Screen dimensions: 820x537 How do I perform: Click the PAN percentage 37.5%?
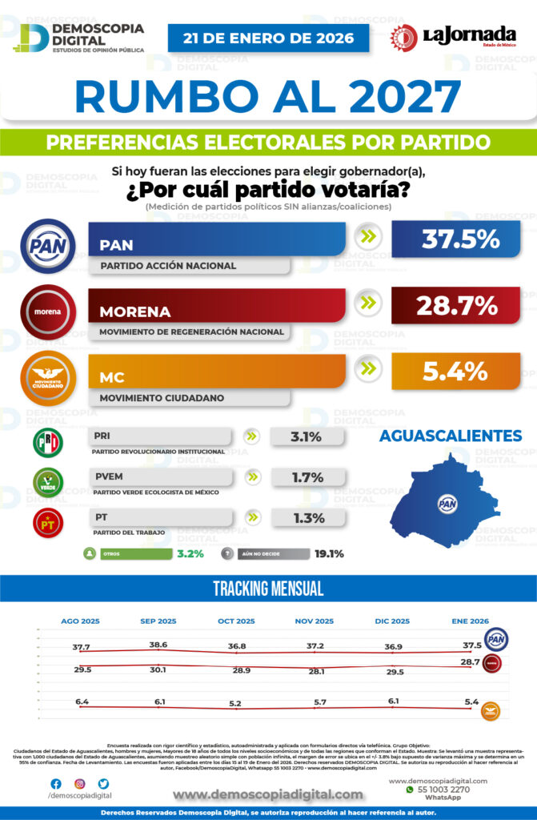pos(455,239)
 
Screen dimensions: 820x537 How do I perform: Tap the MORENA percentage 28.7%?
pos(455,305)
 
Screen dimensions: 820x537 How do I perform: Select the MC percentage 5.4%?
pos(455,371)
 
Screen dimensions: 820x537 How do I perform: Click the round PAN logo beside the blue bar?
pos(48,246)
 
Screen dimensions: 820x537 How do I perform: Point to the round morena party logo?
pos(48,312)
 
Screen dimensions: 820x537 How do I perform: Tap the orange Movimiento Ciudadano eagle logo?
pos(48,376)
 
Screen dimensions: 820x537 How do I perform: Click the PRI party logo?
pos(48,443)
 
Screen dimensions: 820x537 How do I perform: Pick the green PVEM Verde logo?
pos(48,483)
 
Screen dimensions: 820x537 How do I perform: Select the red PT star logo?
pos(48,523)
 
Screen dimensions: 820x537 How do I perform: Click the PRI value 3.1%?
pos(306,437)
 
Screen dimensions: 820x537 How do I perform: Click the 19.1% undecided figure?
pos(329,553)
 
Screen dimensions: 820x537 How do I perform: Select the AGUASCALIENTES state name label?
pos(451,436)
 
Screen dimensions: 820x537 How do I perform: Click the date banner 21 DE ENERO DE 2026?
pos(268,38)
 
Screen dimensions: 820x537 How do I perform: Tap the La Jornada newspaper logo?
pos(454,37)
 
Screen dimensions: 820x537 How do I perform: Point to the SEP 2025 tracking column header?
pos(158,621)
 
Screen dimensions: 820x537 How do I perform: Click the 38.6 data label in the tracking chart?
pos(158,645)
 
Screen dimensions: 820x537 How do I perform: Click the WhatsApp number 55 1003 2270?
pos(443,789)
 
